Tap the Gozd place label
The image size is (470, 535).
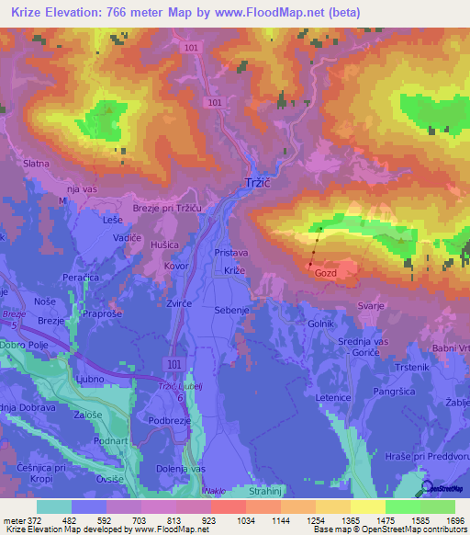[326, 273]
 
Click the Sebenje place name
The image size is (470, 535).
[232, 311]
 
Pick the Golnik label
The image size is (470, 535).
[321, 324]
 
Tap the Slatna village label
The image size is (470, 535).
[35, 163]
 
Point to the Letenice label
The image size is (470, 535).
[333, 397]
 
